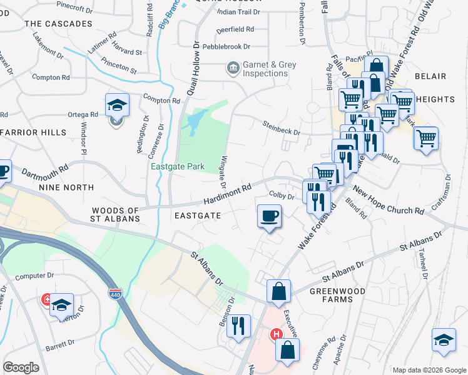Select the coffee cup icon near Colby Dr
point(269,216)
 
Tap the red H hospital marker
point(275,334)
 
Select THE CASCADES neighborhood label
point(58,24)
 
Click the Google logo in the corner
point(21,367)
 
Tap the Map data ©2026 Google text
point(429,370)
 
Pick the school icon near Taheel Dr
point(444,340)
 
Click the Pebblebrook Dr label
point(224,47)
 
